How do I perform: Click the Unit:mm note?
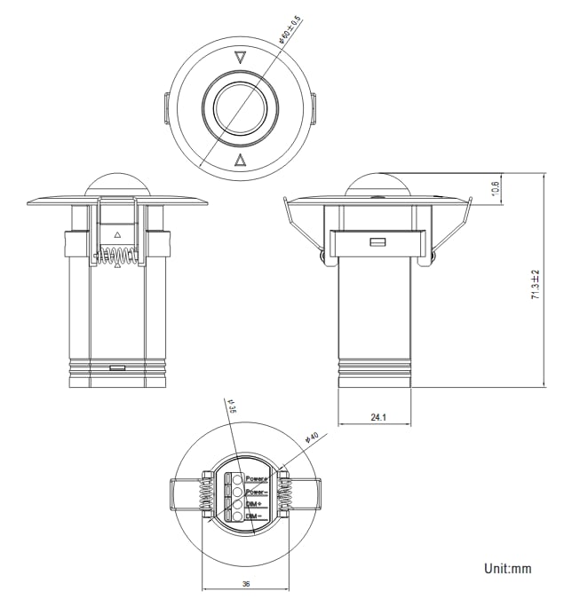point(507,568)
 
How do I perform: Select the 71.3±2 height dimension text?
point(536,283)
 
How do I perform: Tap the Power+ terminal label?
point(257,477)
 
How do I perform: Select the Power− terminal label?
point(257,491)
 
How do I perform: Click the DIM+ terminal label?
point(254,503)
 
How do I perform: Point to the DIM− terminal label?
point(254,516)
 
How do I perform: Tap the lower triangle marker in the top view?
point(239,160)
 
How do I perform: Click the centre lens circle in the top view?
point(238,109)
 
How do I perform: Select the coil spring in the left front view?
point(117,256)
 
